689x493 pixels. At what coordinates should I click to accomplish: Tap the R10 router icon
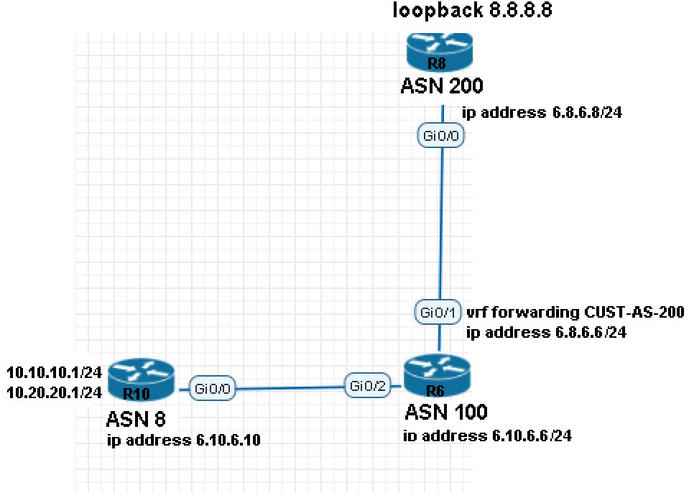[142, 379]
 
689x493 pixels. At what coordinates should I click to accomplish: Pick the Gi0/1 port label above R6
[437, 313]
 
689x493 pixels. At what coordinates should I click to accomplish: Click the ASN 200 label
[441, 86]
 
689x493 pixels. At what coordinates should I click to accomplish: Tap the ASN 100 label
[446, 412]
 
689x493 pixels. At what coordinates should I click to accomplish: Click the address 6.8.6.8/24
[542, 113]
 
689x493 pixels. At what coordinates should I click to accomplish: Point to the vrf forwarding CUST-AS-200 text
[575, 313]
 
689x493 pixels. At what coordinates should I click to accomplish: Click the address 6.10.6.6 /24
[489, 436]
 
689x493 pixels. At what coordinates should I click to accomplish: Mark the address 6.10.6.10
[183, 440]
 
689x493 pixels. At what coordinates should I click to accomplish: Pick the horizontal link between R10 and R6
[287, 389]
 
